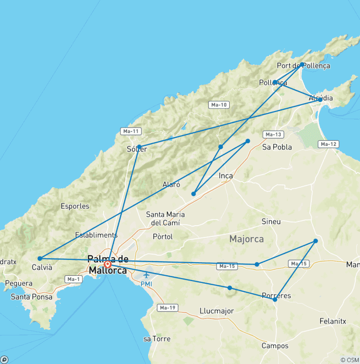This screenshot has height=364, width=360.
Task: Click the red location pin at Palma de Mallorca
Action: click(x=108, y=264)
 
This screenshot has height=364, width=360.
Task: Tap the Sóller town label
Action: click(x=137, y=150)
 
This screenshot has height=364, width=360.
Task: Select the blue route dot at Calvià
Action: click(x=40, y=258)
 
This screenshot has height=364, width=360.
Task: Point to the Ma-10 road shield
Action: click(x=219, y=105)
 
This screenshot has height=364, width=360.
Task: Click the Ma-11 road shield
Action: click(x=131, y=131)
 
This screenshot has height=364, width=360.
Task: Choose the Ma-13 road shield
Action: click(x=273, y=135)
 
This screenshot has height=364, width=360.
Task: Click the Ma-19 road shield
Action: click(x=167, y=308)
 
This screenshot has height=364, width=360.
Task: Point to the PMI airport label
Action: click(x=146, y=284)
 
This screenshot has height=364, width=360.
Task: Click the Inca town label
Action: click(x=226, y=176)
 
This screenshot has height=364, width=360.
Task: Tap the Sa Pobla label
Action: click(x=277, y=147)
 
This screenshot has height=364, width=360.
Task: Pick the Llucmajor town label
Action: click(x=217, y=311)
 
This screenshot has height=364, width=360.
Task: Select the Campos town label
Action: click(x=275, y=346)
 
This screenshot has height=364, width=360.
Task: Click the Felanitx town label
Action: click(x=332, y=321)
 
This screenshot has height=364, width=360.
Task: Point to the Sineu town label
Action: click(x=271, y=221)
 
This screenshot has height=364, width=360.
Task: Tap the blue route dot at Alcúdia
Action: click(x=320, y=99)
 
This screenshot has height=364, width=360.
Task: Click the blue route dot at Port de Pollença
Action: click(x=302, y=65)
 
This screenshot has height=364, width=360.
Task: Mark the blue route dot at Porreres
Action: click(x=275, y=299)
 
